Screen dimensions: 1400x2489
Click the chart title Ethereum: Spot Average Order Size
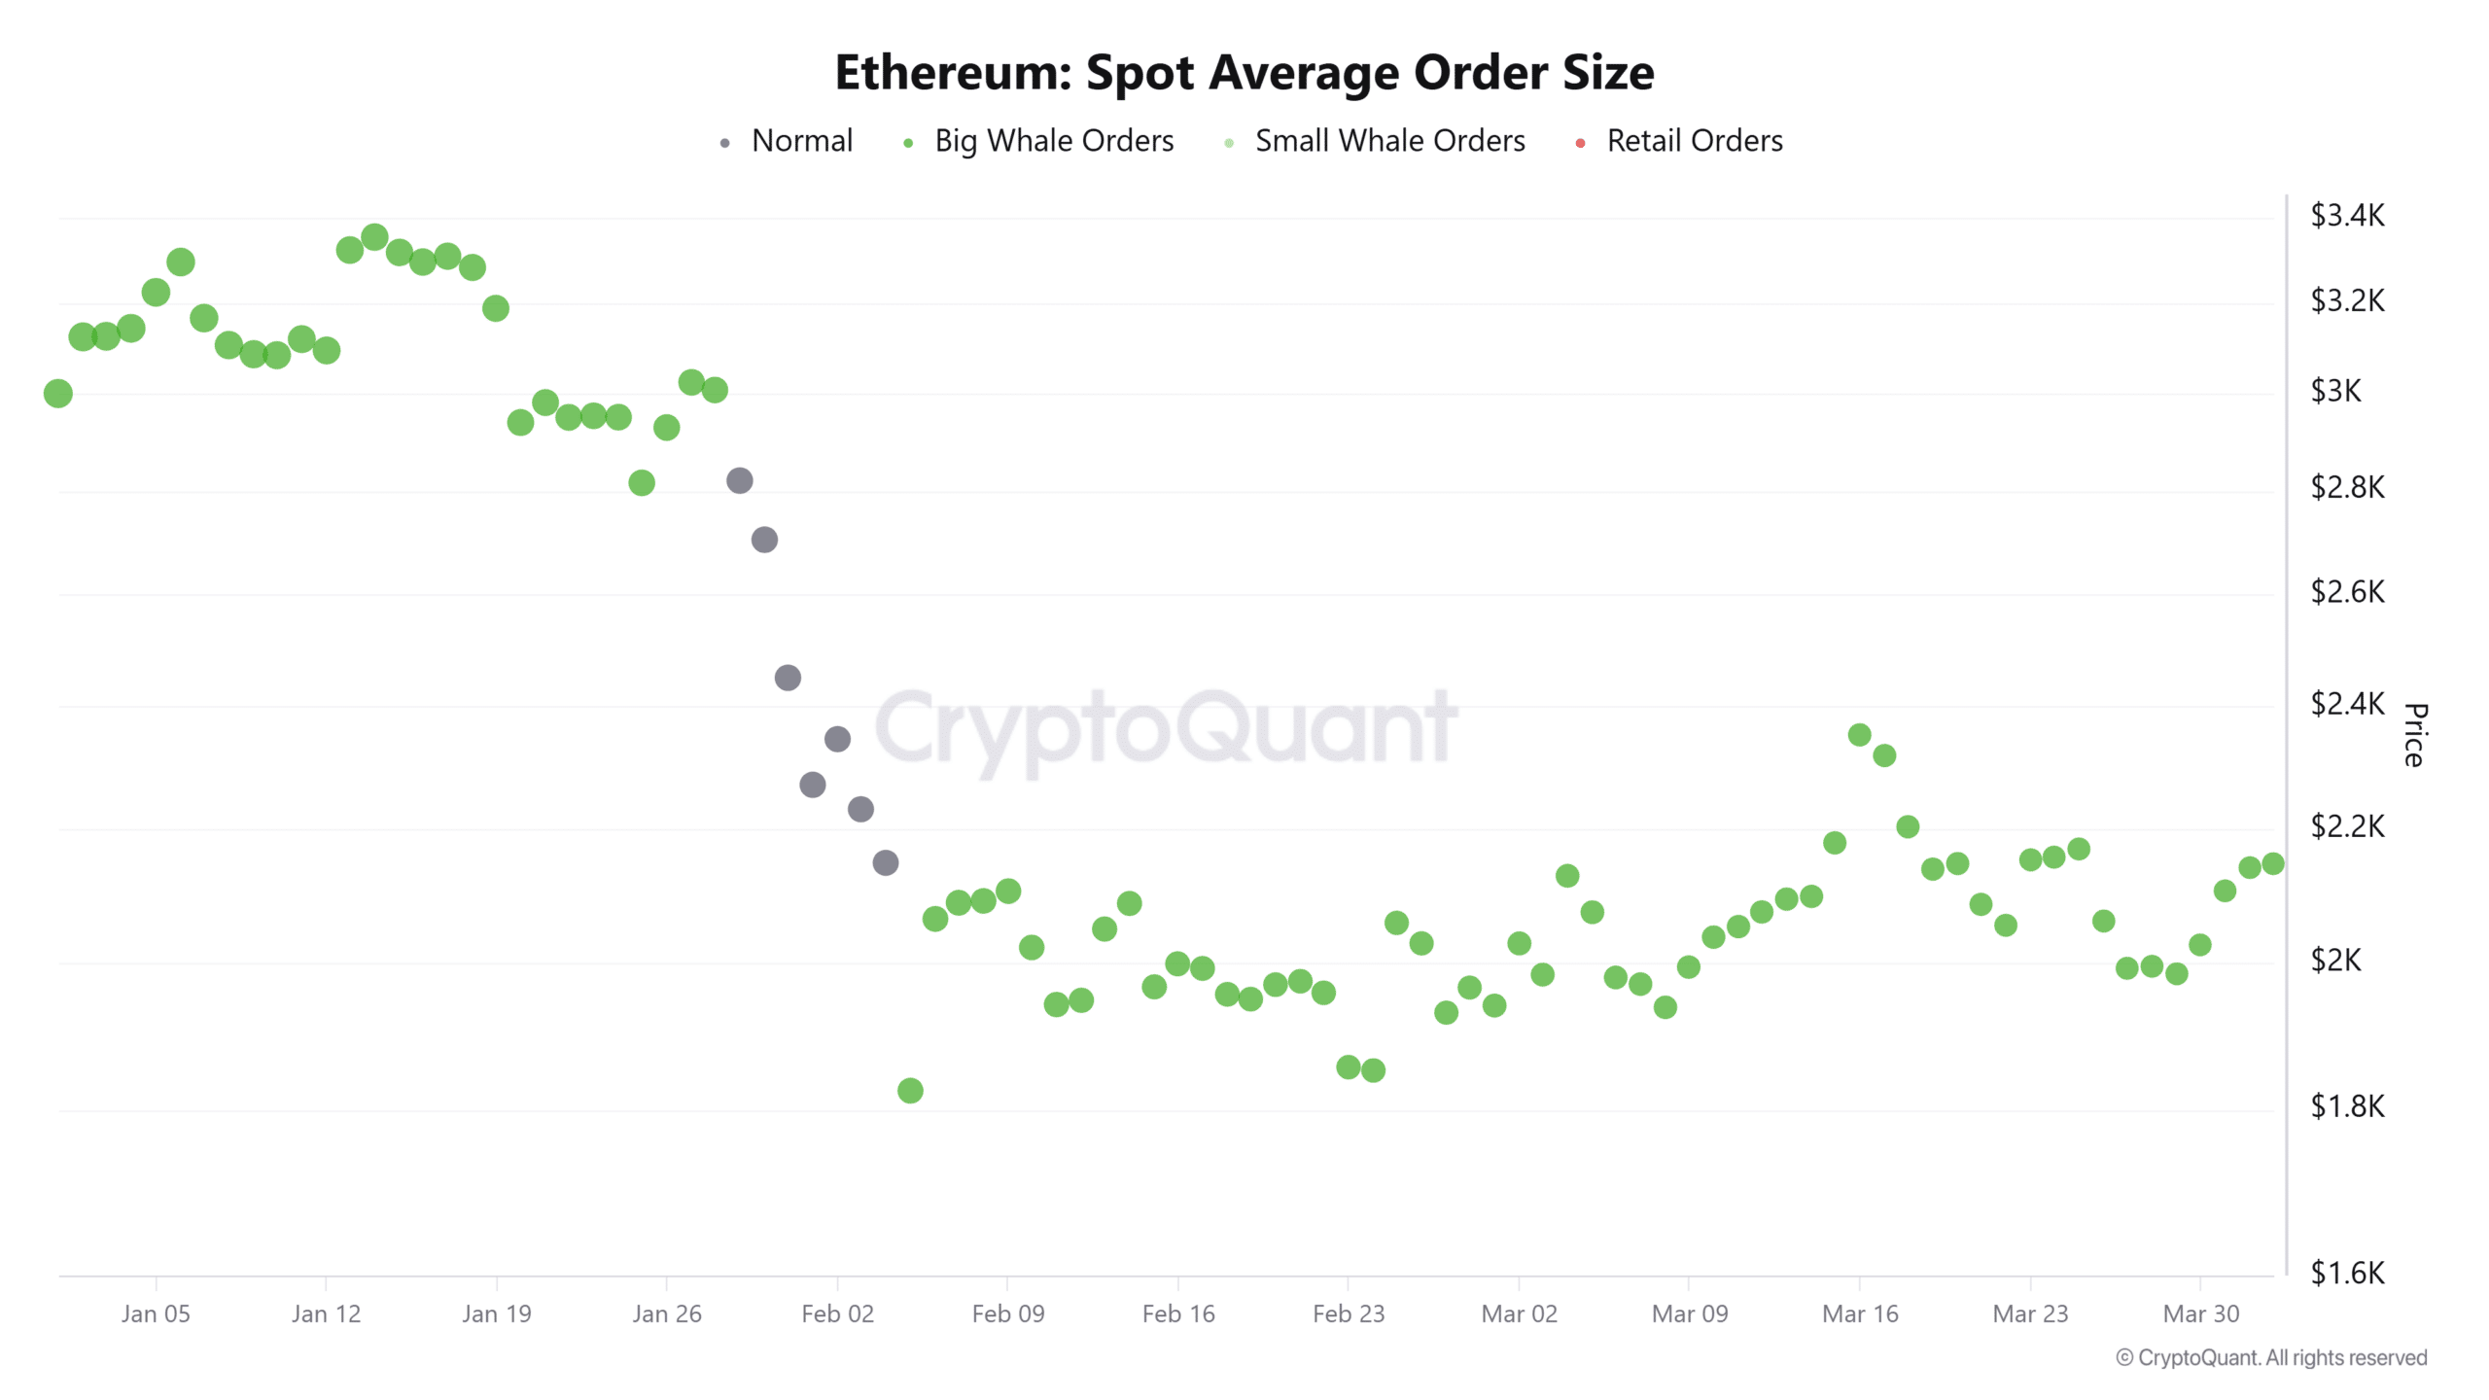1244,73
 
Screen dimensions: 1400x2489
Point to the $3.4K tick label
2346,215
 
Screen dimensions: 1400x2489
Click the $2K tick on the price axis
2335,960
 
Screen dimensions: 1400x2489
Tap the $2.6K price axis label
2346,591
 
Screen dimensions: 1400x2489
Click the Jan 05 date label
156,1313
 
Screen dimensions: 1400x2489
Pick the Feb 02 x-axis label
837,1313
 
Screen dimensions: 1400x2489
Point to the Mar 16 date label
1859,1313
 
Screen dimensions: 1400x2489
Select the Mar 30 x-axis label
2200,1313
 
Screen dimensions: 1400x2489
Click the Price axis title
2414,735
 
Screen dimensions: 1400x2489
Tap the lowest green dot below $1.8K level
910,1091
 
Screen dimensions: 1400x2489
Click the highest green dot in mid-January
374,237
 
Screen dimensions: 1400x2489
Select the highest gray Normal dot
740,480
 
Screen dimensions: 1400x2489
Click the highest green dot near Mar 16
1859,735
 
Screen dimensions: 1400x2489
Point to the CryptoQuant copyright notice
2271,1357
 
